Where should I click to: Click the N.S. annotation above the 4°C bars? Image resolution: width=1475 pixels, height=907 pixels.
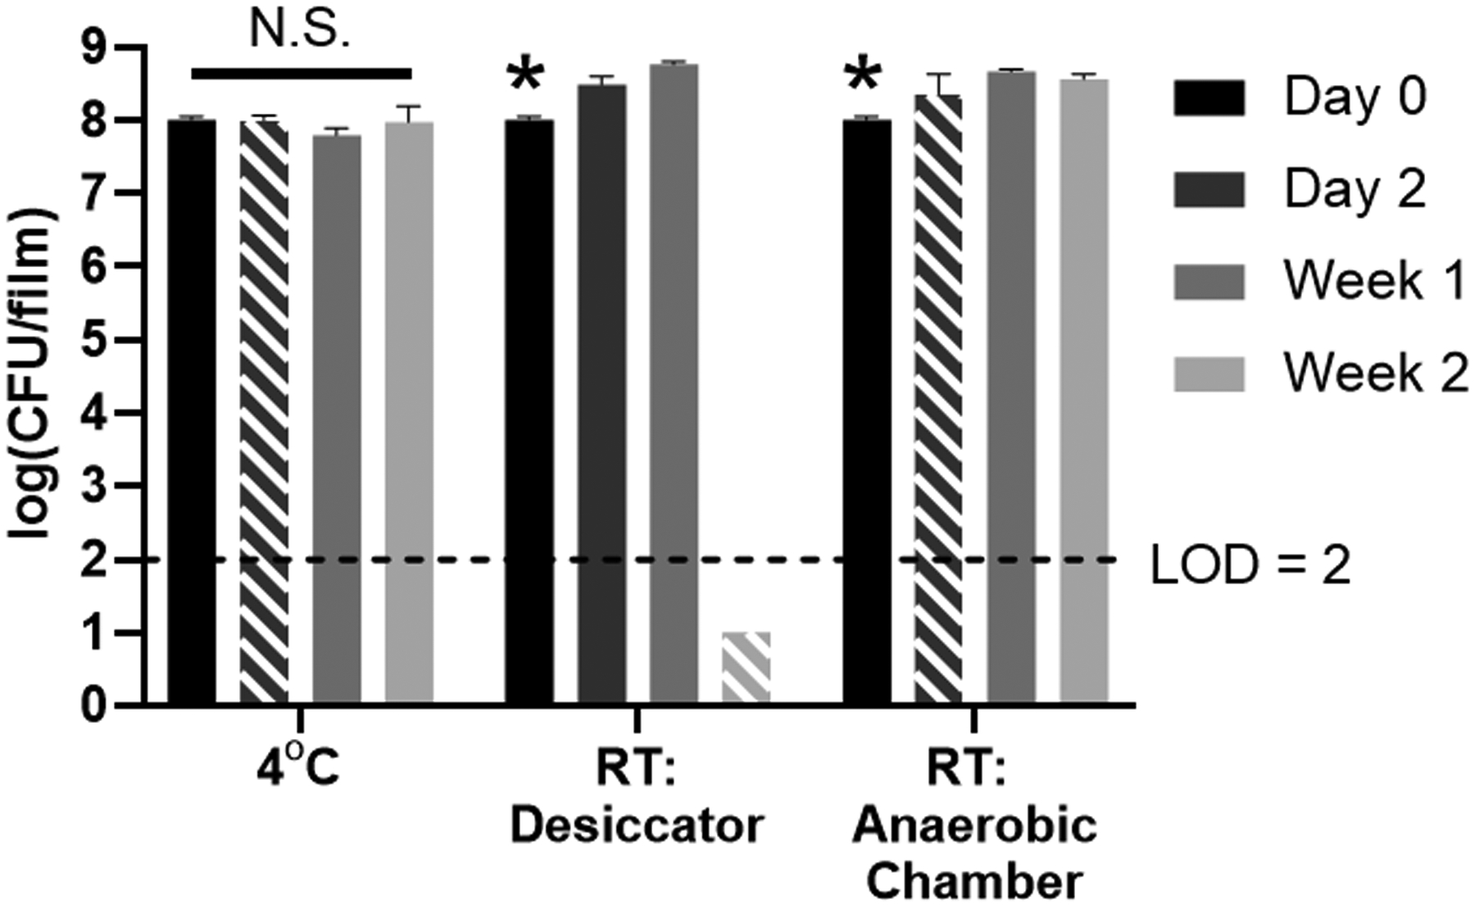pos(300,31)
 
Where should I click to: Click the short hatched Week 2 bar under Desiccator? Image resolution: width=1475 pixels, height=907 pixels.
pos(746,667)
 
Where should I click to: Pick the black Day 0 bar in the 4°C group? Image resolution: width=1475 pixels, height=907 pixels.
pos(192,410)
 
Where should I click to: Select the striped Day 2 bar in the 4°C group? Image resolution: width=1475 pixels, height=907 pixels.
pos(264,410)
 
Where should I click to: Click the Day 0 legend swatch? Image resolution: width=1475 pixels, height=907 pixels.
pos(1209,98)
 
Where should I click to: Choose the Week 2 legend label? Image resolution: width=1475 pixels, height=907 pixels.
pos(1375,374)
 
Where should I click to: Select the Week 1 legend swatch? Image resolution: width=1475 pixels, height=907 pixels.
pos(1209,282)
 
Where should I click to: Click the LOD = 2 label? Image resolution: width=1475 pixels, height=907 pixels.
pos(1250,565)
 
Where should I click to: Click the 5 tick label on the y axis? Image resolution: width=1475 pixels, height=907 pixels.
pos(96,340)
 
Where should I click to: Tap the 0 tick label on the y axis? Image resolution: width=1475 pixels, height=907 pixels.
pos(96,705)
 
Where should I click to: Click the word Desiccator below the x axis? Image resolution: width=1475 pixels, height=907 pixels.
pos(637,826)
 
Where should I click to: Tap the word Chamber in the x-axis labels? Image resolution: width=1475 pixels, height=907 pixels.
pos(974,883)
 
